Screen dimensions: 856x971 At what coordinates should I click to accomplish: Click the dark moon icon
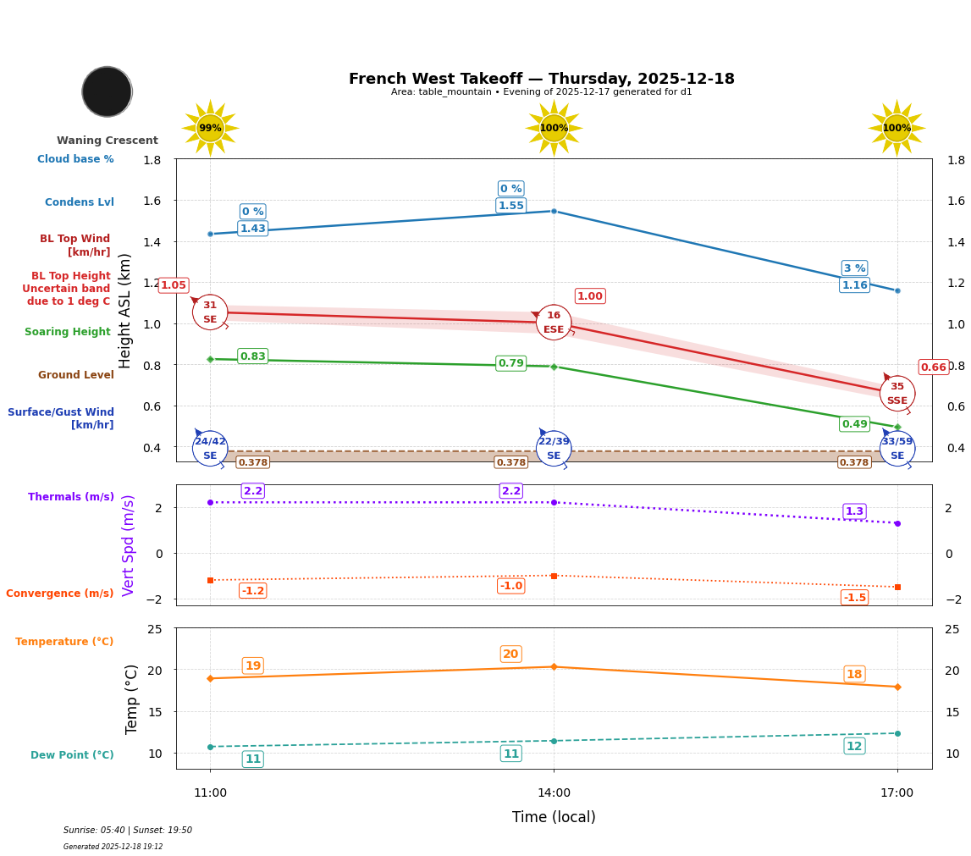pyautogui.click(x=107, y=91)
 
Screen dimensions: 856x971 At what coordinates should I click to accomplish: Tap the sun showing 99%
pyautogui.click(x=210, y=129)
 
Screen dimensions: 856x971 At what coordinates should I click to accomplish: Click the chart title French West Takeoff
pyautogui.click(x=541, y=79)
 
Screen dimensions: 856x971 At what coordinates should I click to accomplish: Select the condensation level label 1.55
pyautogui.click(x=510, y=206)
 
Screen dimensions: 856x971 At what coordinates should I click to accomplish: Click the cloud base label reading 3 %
pyautogui.click(x=854, y=268)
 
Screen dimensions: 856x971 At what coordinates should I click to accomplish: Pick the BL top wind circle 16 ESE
pyautogui.click(x=554, y=323)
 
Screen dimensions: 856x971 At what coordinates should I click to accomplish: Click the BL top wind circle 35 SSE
pyautogui.click(x=897, y=394)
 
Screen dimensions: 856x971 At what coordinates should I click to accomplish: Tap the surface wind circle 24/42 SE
pyautogui.click(x=210, y=449)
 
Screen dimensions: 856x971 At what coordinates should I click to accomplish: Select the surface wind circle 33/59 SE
pyautogui.click(x=897, y=449)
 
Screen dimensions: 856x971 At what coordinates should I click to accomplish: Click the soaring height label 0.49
pyautogui.click(x=854, y=424)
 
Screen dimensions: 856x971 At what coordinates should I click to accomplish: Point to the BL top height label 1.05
pyautogui.click(x=174, y=285)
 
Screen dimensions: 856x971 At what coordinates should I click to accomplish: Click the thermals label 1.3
pyautogui.click(x=854, y=511)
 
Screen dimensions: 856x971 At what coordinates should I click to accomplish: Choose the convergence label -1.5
pyautogui.click(x=854, y=598)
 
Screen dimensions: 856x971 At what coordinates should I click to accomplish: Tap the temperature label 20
pyautogui.click(x=510, y=654)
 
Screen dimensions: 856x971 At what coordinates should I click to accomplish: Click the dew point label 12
pyautogui.click(x=854, y=746)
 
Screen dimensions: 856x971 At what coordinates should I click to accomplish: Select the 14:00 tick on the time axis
pyautogui.click(x=554, y=793)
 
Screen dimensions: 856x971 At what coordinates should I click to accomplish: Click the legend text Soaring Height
pyautogui.click(x=68, y=332)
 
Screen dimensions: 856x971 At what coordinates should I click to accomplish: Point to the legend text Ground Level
pyautogui.click(x=76, y=375)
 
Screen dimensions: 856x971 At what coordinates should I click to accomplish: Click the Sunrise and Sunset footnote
pyautogui.click(x=128, y=831)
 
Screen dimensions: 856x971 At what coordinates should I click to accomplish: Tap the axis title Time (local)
pyautogui.click(x=554, y=817)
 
